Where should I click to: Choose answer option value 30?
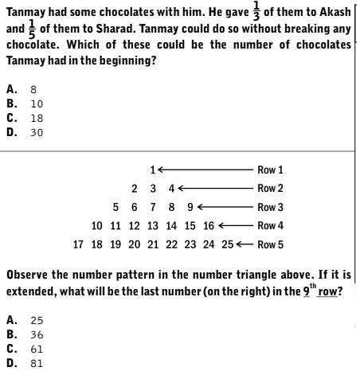pyautogui.click(x=37, y=132)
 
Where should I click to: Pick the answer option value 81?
pyautogui.click(x=37, y=363)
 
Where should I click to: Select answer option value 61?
pyautogui.click(x=37, y=349)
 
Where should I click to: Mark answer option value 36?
pyautogui.click(x=37, y=334)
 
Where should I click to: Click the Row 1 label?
pyautogui.click(x=270, y=170)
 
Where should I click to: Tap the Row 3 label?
pyautogui.click(x=270, y=207)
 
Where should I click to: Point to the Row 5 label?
pyautogui.click(x=270, y=244)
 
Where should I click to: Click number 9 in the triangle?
pyautogui.click(x=190, y=207)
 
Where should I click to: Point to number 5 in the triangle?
pyautogui.click(x=116, y=207)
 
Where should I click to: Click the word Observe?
pyautogui.click(x=29, y=275)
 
